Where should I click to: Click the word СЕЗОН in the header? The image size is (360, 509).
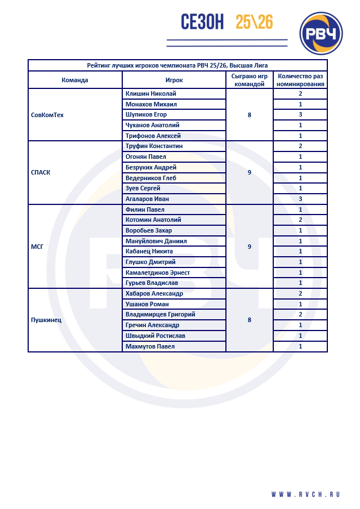(202, 22)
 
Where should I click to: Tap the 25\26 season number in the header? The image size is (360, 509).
(254, 22)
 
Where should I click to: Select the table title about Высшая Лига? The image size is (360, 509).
(177, 65)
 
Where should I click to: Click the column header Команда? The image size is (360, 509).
(75, 80)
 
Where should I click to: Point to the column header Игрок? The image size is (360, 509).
(174, 80)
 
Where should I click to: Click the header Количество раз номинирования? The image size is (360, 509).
(300, 80)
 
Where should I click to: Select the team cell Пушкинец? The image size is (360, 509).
(46, 320)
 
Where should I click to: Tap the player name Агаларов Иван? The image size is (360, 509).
(147, 199)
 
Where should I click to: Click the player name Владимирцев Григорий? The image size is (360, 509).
(161, 314)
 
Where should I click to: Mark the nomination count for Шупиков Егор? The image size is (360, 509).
(300, 115)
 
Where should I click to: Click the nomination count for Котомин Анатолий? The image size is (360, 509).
(300, 220)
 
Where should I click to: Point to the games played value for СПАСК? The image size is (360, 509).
(249, 172)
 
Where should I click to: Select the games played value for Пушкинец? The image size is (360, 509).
(249, 320)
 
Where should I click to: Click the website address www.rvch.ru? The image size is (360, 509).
(306, 494)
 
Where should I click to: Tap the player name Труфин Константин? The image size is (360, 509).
(154, 146)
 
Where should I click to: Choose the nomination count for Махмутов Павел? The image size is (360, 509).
(300, 346)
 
